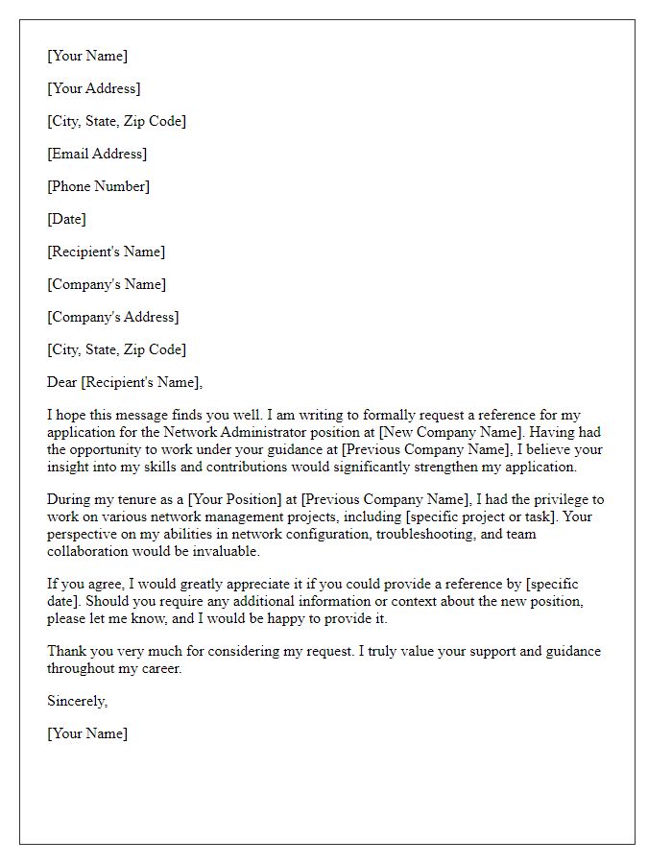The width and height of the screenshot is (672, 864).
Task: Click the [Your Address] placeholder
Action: coord(94,88)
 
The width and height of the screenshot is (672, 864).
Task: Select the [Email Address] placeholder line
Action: coord(97,154)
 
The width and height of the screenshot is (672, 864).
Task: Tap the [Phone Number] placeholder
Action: coord(99,186)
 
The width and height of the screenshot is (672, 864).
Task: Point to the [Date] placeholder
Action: coord(67,219)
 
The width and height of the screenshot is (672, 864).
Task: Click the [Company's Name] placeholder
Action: coord(107,284)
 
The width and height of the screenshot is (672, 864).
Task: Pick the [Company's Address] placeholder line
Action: coord(113,317)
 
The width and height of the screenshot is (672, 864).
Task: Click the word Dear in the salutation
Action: coord(62,382)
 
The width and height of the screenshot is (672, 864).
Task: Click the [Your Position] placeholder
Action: coord(235,500)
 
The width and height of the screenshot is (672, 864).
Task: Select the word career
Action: coord(158,668)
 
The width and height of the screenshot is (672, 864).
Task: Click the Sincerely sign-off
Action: coord(78,701)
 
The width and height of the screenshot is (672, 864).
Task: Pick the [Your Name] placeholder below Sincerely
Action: coord(87,733)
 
